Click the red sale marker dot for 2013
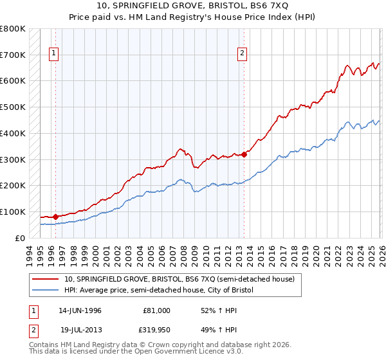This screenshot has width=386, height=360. click(x=244, y=154)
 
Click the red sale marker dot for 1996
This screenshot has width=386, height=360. click(x=55, y=217)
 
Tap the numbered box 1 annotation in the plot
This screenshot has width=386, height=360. click(x=53, y=54)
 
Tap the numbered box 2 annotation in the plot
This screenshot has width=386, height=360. click(x=243, y=54)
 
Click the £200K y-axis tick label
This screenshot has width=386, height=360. click(x=13, y=185)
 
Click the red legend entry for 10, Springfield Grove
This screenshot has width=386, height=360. click(x=179, y=279)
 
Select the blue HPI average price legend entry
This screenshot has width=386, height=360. click(x=159, y=291)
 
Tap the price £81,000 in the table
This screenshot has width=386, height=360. click(x=157, y=310)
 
